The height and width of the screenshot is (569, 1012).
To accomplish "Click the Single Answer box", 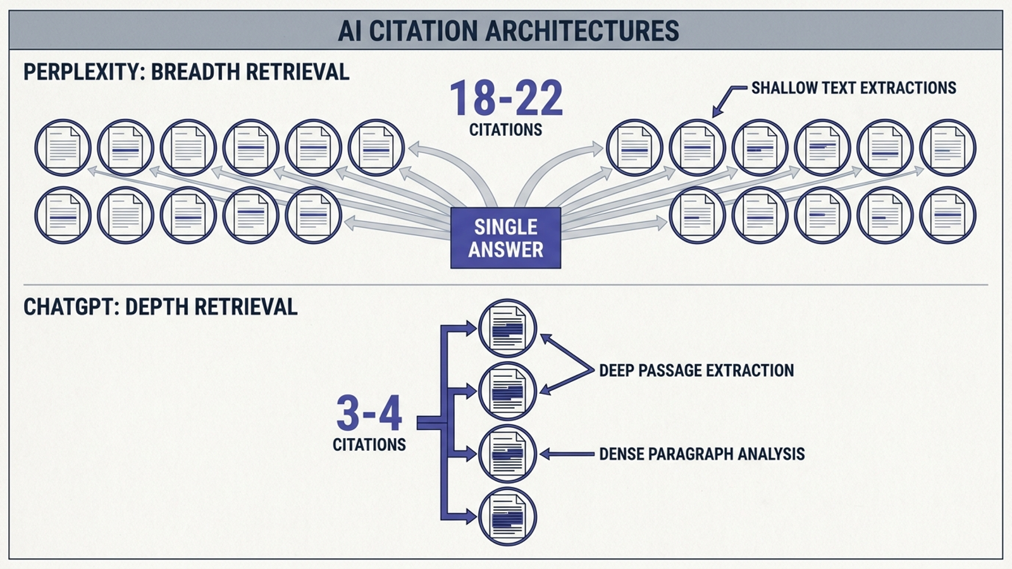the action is (x=505, y=238).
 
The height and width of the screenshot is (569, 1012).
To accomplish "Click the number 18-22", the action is (x=506, y=98).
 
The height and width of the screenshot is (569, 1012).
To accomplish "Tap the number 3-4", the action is (x=369, y=413).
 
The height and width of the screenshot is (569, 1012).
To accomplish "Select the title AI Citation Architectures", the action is (x=509, y=31).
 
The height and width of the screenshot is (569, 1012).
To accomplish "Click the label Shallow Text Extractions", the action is (x=854, y=88).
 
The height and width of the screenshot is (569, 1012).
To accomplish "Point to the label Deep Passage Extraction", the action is (x=696, y=370).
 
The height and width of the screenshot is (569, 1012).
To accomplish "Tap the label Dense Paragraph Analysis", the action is (x=701, y=454).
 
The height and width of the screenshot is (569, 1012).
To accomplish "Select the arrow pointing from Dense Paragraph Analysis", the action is (x=567, y=454).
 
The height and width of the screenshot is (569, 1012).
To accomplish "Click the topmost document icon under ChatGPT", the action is (x=507, y=328).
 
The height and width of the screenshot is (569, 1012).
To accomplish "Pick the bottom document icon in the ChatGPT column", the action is (x=507, y=517).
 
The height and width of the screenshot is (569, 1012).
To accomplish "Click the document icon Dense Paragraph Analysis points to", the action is (x=507, y=453).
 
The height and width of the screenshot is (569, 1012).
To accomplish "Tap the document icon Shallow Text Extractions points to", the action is (x=697, y=148).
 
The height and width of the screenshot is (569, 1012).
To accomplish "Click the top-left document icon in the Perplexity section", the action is (x=63, y=148).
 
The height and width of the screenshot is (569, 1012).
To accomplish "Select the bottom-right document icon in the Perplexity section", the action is (x=948, y=216).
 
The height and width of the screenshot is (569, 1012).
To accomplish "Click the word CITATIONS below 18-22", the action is (x=505, y=130).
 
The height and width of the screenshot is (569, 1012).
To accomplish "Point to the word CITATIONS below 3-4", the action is (x=369, y=445).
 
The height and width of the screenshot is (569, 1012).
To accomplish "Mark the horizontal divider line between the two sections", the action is (x=505, y=285).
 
